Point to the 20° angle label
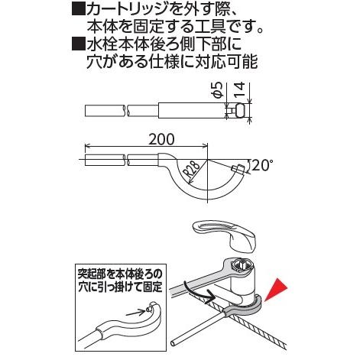point(261,164)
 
